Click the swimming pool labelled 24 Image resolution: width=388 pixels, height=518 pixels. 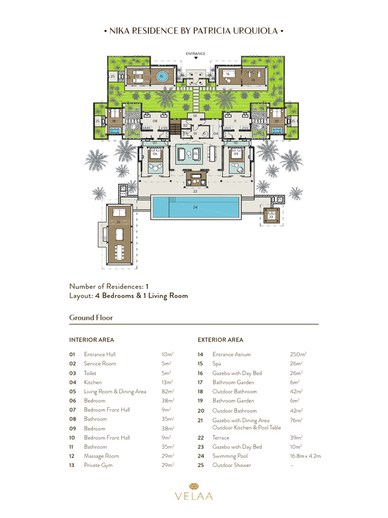click(196, 207)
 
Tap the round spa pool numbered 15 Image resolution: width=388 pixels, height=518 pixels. click(161, 76)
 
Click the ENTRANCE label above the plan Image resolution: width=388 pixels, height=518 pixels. click(196, 53)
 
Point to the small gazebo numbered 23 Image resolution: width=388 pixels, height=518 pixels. click(271, 217)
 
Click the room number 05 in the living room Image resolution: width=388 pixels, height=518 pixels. click(196, 153)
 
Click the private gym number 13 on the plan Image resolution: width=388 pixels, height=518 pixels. click(253, 80)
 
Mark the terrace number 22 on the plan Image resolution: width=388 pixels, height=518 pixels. click(195, 192)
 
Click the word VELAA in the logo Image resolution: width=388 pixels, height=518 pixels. click(194, 496)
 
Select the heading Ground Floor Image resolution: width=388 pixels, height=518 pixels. click(91, 318)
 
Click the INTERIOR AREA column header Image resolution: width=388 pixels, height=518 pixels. click(91, 340)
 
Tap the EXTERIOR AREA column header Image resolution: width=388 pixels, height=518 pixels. click(220, 340)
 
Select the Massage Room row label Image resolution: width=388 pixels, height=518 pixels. click(102, 456)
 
